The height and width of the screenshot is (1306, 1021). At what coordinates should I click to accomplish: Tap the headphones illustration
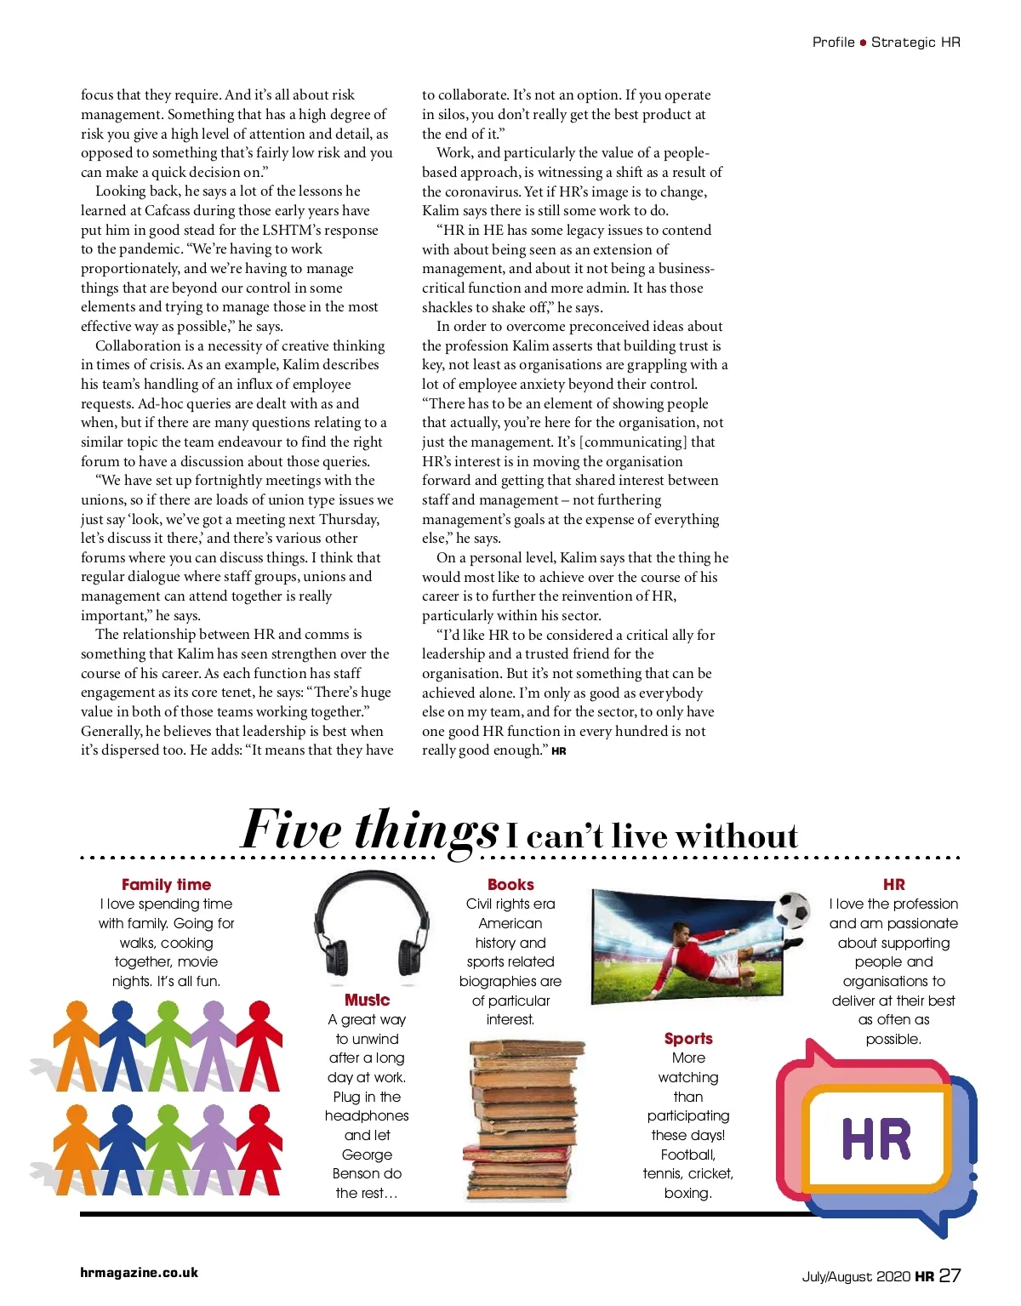click(367, 927)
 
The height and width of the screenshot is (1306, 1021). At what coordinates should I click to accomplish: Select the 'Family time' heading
click(166, 885)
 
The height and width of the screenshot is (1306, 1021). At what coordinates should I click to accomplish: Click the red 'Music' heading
click(367, 1000)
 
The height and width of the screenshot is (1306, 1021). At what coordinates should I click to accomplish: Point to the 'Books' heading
click(510, 885)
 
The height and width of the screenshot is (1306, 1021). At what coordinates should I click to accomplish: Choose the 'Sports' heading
click(688, 1039)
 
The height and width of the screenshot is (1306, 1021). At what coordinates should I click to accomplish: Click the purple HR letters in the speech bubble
click(876, 1139)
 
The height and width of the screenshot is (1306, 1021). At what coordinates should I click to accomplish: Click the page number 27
click(950, 1275)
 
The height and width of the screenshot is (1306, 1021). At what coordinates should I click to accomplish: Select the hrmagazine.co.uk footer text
click(139, 1273)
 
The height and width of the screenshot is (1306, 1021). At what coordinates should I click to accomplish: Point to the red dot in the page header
click(863, 43)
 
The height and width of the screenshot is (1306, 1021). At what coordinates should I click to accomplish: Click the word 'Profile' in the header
click(833, 43)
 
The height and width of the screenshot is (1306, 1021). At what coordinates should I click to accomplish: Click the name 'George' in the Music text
click(367, 1155)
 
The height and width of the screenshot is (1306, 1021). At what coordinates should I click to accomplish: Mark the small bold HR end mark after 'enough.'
click(559, 751)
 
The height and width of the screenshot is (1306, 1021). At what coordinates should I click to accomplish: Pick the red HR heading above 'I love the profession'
click(893, 885)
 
